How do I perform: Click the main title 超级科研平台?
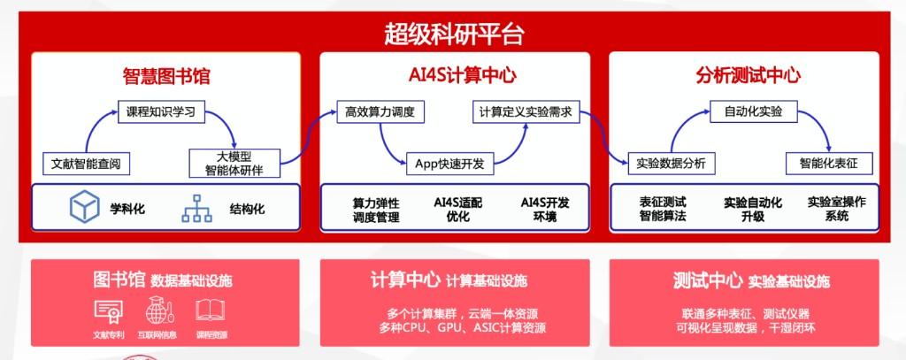click(454, 34)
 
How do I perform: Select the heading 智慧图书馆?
click(165, 76)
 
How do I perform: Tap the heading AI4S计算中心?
click(454, 75)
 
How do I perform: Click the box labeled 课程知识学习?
click(161, 112)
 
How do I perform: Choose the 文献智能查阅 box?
click(87, 164)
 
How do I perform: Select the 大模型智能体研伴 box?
click(234, 163)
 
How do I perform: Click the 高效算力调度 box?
click(380, 111)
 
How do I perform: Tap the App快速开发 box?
click(449, 164)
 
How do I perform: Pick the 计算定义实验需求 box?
click(526, 111)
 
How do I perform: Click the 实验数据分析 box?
click(671, 163)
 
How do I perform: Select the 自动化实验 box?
click(754, 111)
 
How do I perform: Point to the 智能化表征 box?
click(829, 163)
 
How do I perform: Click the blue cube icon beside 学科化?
click(84, 206)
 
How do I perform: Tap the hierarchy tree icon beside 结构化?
click(197, 208)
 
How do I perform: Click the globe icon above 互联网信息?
click(157, 310)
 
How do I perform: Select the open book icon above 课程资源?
click(211, 310)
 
